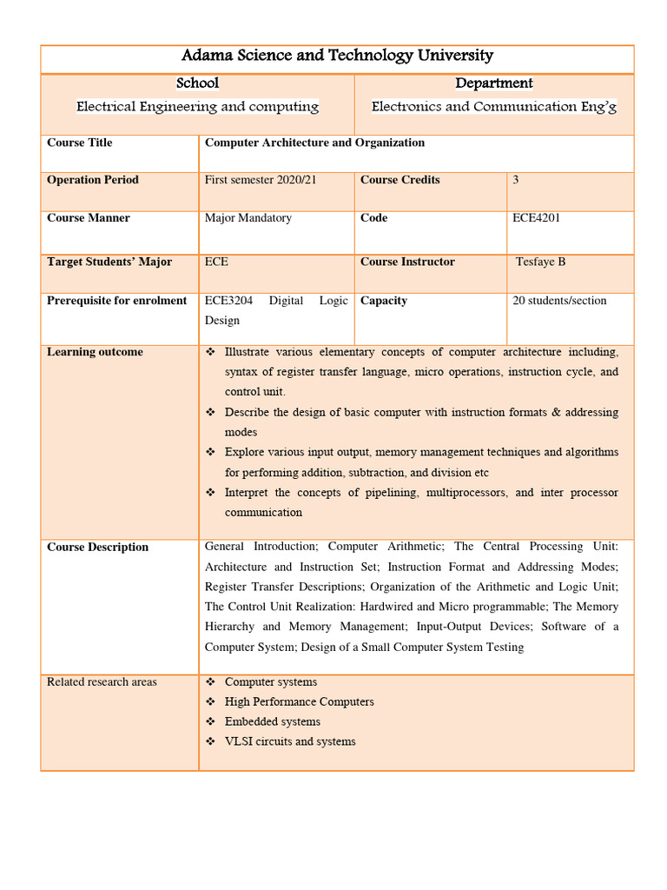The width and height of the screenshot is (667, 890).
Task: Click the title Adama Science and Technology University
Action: [x=337, y=56]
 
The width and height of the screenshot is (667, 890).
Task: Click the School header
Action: [x=197, y=83]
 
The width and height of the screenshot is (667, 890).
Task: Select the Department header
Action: [x=493, y=83]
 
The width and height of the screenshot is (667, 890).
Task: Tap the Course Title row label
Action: [x=80, y=143]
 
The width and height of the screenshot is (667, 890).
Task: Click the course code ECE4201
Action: [x=537, y=218]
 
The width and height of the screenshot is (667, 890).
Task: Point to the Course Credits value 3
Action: [x=516, y=180]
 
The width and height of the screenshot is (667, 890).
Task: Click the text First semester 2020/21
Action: [x=261, y=180]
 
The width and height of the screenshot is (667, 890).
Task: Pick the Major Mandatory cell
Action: [x=248, y=218]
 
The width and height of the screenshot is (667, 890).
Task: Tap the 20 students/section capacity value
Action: [x=559, y=301]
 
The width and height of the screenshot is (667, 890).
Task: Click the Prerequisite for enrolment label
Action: [x=117, y=301]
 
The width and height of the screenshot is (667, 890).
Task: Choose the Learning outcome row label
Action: [x=96, y=352]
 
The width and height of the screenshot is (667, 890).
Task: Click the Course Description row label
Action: [x=98, y=548]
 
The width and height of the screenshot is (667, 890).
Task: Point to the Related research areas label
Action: [x=102, y=682]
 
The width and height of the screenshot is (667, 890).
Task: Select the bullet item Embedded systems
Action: [x=272, y=721]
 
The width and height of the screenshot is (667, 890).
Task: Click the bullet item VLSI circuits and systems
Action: [x=290, y=741]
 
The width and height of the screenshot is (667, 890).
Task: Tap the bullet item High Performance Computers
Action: [x=299, y=701]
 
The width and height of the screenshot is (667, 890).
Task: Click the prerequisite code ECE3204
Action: [x=228, y=301]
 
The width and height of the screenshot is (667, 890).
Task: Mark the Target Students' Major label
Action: [x=109, y=262]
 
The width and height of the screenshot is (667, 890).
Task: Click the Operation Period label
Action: [x=93, y=180]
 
